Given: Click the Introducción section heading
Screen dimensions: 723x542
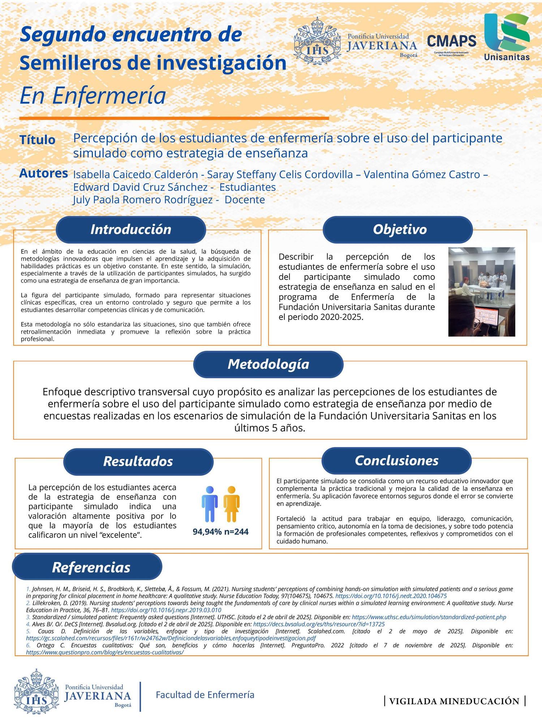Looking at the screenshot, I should pyautogui.click(x=131, y=230).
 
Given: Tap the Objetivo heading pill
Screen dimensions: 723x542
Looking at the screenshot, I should pyautogui.click(x=400, y=230).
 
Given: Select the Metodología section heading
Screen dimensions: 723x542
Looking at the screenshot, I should pyautogui.click(x=268, y=364).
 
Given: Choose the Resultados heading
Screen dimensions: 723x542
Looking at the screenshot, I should pyautogui.click(x=138, y=461).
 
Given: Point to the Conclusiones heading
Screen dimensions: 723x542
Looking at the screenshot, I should pyautogui.click(x=396, y=461).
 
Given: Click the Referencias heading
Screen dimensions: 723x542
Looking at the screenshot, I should pyautogui.click(x=91, y=567).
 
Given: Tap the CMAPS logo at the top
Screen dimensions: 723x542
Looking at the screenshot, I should pyautogui.click(x=452, y=43).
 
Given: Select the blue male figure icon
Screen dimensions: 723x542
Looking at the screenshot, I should pyautogui.click(x=210, y=504).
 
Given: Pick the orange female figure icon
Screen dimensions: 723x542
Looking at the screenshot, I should pyautogui.click(x=232, y=504).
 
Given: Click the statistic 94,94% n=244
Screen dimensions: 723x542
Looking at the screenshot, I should pyautogui.click(x=220, y=532).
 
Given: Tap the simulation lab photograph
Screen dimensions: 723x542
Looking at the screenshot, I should pyautogui.click(x=482, y=292).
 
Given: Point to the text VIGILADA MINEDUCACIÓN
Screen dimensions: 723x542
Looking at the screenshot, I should pyautogui.click(x=455, y=701).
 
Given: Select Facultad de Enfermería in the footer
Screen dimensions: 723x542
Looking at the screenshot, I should pyautogui.click(x=205, y=695).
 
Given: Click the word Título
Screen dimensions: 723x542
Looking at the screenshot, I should pyautogui.click(x=38, y=140).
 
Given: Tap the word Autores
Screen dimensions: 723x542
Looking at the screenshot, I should pyautogui.click(x=43, y=174).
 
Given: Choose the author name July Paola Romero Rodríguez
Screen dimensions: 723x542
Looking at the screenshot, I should pyautogui.click(x=143, y=200).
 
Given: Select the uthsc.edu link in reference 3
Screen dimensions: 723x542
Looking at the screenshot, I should pyautogui.click(x=429, y=617).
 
